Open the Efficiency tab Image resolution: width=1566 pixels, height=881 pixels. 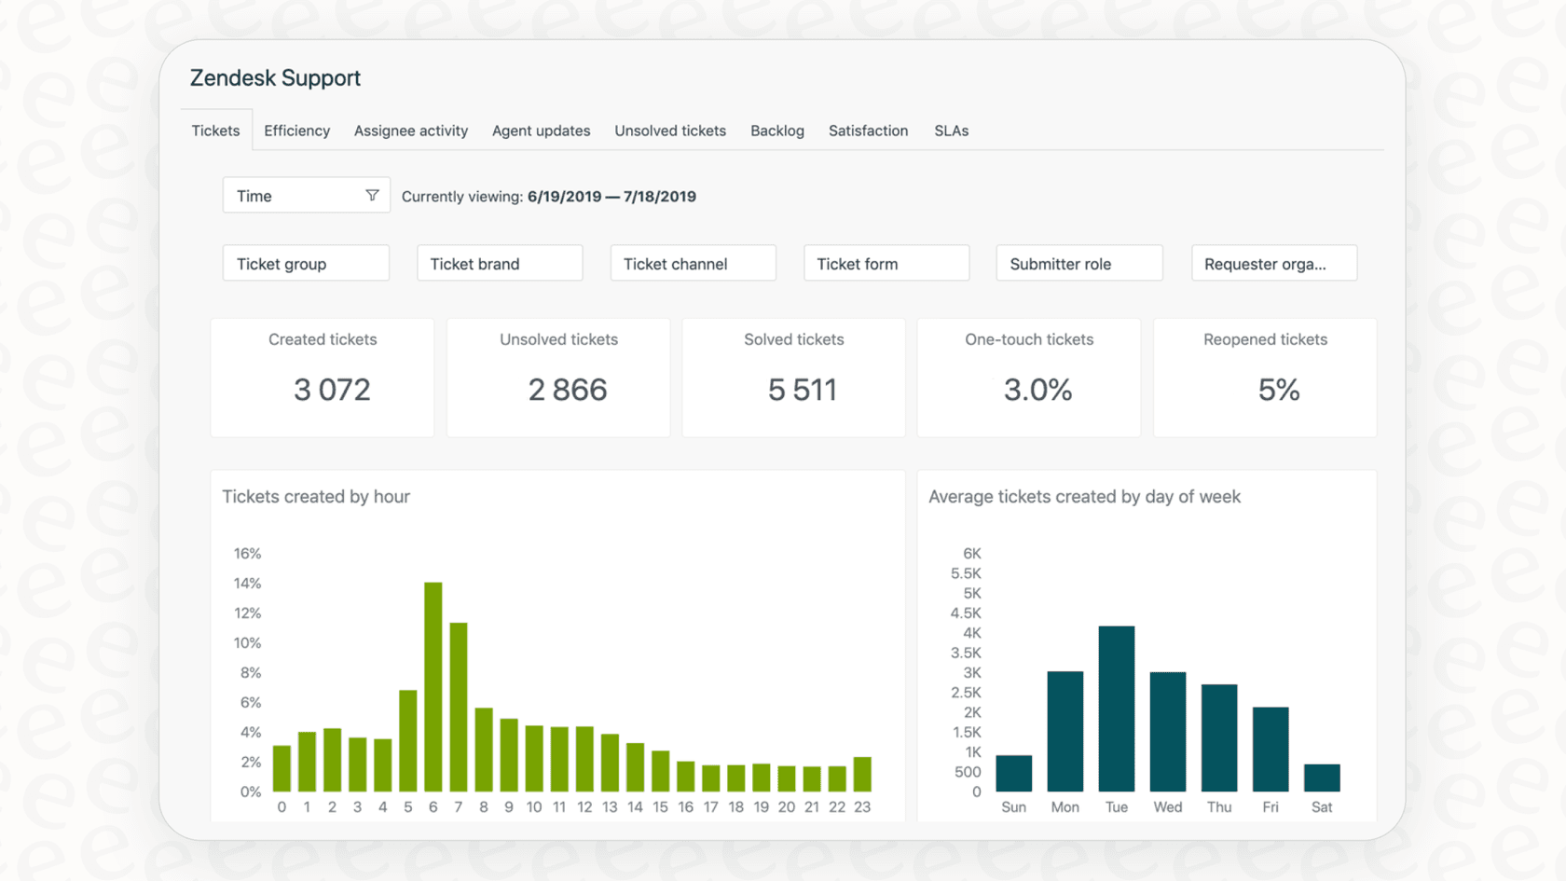pos(296,131)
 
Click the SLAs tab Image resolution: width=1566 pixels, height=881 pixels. pos(951,131)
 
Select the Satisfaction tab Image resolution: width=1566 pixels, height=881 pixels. pos(868,131)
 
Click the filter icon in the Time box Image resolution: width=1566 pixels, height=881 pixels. pos(372,196)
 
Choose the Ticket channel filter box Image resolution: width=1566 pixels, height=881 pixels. pos(693,264)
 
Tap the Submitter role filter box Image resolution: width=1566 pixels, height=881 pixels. pos(1078,264)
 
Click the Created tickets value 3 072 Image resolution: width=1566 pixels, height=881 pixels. pos(332,390)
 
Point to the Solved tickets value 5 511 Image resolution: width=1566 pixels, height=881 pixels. pos(803,390)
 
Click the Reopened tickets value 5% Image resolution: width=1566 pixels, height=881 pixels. pos(1278,390)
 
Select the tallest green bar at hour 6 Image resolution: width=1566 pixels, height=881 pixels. pos(433,687)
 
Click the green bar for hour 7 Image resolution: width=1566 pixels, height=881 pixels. pos(459,707)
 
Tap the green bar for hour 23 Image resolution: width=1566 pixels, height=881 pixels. pos(862,774)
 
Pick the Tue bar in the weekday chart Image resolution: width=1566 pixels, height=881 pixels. pos(1116,709)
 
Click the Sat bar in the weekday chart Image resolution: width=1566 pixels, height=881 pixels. pos(1322,778)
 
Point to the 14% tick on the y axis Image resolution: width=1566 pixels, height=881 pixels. pos(247,584)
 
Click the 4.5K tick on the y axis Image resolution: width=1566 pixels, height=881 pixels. pos(966,613)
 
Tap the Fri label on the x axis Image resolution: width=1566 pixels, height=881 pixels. pos(1271,807)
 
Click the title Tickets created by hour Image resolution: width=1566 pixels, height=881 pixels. pos(316,497)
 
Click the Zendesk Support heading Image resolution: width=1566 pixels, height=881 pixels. pos(275,78)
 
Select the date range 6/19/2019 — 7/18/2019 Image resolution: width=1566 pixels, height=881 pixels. pos(611,197)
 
